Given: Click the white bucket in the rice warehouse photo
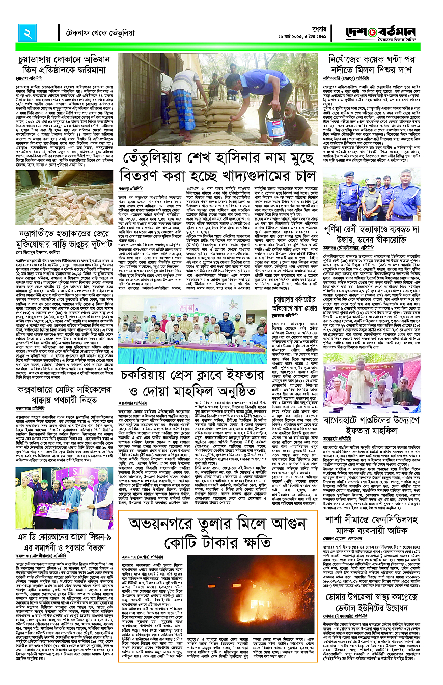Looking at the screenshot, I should pos(261,120).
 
